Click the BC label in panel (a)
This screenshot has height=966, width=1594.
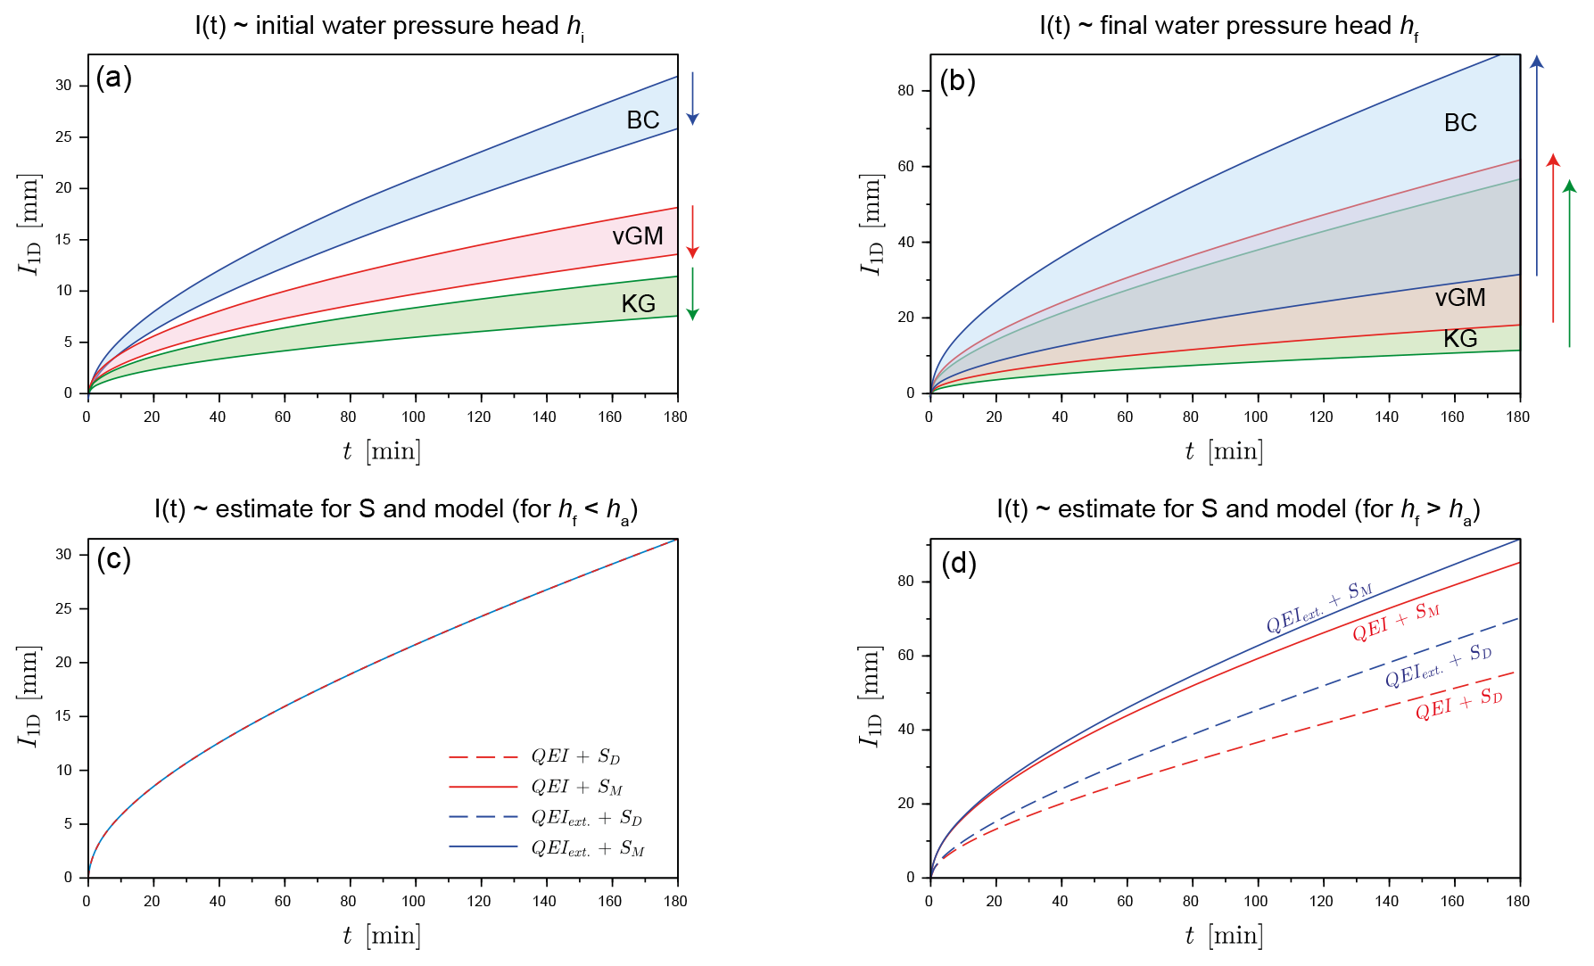click(642, 120)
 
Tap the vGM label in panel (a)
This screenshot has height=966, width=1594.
click(637, 236)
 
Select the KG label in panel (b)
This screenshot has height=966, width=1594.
click(1460, 339)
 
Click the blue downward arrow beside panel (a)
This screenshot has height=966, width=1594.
click(692, 98)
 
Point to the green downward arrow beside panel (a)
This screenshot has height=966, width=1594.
click(692, 293)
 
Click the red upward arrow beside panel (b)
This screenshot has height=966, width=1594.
click(1553, 237)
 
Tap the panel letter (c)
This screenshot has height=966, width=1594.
click(113, 559)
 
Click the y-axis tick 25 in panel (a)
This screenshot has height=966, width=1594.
click(63, 137)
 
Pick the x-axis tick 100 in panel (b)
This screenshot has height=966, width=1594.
click(1255, 417)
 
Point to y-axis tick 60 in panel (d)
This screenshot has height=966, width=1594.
click(905, 656)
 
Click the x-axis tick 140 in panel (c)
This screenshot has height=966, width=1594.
click(544, 901)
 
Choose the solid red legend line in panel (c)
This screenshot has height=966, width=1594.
click(483, 788)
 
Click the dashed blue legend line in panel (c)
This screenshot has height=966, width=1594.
click(483, 817)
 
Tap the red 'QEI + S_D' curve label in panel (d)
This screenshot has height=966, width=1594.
click(1458, 703)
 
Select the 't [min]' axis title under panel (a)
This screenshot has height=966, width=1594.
click(382, 451)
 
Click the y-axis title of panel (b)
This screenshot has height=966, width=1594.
click(871, 224)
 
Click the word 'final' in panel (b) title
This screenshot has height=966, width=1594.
click(1126, 26)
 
